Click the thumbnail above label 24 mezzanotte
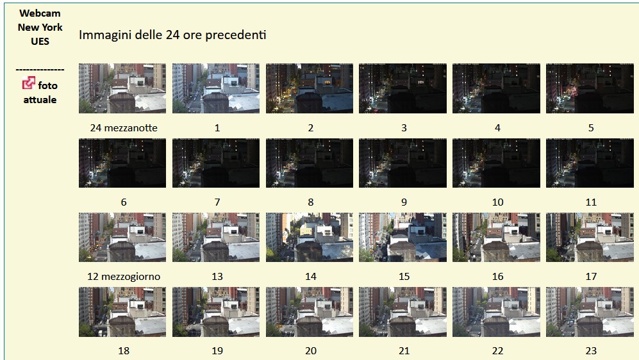[122, 88]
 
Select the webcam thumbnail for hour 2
[310, 88]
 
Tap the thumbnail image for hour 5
[590, 88]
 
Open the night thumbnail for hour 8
[310, 163]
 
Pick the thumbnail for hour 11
[590, 163]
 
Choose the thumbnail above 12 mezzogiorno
[122, 237]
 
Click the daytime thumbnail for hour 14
[310, 237]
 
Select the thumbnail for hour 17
[590, 237]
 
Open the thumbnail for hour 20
[310, 312]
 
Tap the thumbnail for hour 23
[590, 312]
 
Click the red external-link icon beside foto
[29, 83]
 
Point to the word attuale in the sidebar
[40, 100]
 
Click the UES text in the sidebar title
[40, 42]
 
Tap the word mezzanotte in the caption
[131, 128]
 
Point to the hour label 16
[497, 277]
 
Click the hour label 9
[404, 202]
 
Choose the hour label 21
[404, 351]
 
